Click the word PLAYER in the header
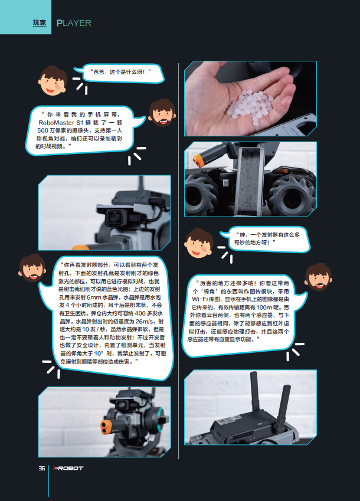(74, 24)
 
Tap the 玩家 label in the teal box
(40, 22)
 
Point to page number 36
(42, 468)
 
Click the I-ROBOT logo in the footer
(68, 468)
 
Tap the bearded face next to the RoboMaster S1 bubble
(162, 113)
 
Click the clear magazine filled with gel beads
(249, 180)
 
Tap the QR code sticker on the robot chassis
(225, 183)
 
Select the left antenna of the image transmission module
(254, 391)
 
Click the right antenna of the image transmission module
(283, 405)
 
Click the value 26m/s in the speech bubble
(145, 322)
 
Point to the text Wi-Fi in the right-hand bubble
(199, 299)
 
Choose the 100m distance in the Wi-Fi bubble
(264, 307)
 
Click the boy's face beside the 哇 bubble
(199, 243)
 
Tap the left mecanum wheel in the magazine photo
(199, 192)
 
